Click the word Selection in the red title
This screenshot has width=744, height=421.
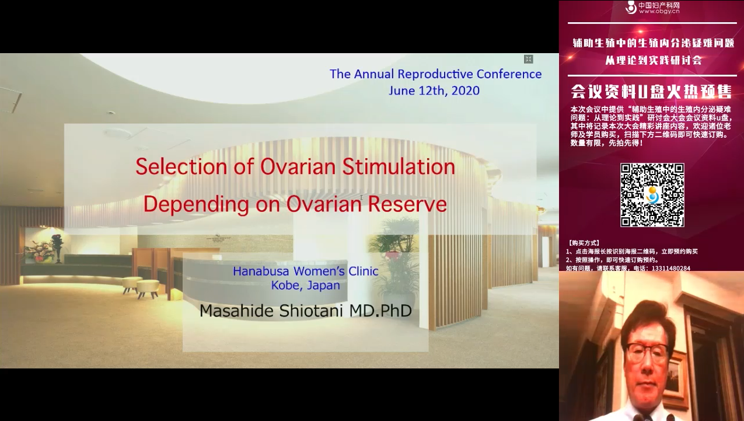pyautogui.click(x=181, y=166)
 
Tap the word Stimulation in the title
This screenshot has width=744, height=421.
pyautogui.click(x=399, y=166)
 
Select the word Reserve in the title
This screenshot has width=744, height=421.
pyautogui.click(x=407, y=204)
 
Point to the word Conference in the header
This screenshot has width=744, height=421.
pyautogui.click(x=509, y=74)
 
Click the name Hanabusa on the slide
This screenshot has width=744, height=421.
pyautogui.click(x=261, y=271)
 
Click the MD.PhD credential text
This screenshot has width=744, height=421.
pyautogui.click(x=380, y=311)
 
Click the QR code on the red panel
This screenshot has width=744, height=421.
pyautogui.click(x=652, y=195)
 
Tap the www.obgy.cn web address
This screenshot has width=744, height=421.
pyautogui.click(x=659, y=12)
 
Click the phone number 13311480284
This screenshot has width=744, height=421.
pyautogui.click(x=671, y=268)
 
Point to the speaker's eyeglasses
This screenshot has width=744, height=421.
pyautogui.click(x=648, y=352)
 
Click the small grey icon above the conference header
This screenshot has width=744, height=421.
pyautogui.click(x=529, y=59)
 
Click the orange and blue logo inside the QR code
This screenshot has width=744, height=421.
pyautogui.click(x=652, y=195)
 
